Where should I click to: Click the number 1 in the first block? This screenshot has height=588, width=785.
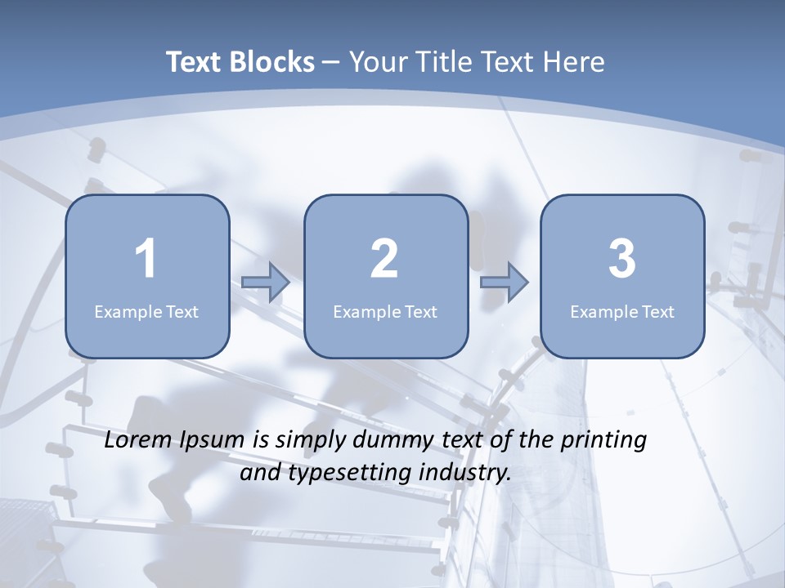pyautogui.click(x=146, y=259)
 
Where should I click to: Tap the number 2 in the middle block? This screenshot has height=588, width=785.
pyautogui.click(x=384, y=259)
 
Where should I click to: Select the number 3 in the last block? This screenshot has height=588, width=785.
pyautogui.click(x=622, y=259)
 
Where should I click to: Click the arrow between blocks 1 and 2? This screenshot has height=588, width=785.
pyautogui.click(x=266, y=282)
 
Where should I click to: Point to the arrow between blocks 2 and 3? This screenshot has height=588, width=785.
pyautogui.click(x=505, y=282)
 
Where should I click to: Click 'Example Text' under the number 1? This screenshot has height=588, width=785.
pyautogui.click(x=146, y=311)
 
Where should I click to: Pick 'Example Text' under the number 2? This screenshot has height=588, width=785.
pyautogui.click(x=385, y=311)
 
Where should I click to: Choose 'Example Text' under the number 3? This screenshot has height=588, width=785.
pyautogui.click(x=622, y=311)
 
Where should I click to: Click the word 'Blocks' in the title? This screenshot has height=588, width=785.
pyautogui.click(x=271, y=62)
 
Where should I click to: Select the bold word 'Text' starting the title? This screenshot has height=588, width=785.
pyautogui.click(x=194, y=62)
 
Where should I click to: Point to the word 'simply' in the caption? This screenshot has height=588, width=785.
pyautogui.click(x=307, y=441)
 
